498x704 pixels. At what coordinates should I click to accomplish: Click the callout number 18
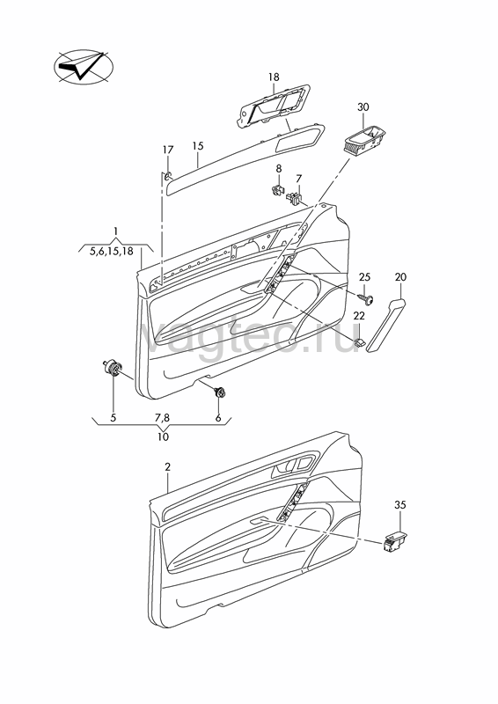274,77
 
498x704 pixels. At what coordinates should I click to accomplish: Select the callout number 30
363,107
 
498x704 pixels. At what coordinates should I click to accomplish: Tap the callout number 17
167,150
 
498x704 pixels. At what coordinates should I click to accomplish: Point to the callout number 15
198,146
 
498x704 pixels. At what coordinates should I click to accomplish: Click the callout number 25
364,277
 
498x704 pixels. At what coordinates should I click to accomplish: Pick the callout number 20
400,277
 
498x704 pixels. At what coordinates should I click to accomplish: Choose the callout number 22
359,316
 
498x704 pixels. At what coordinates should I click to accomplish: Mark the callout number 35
400,505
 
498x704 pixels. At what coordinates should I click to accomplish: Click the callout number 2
167,467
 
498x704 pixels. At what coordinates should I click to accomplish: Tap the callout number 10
163,436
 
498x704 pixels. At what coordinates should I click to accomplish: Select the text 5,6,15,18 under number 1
112,252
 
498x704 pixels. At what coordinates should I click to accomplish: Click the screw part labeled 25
366,298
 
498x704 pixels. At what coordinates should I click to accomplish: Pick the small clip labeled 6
220,392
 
